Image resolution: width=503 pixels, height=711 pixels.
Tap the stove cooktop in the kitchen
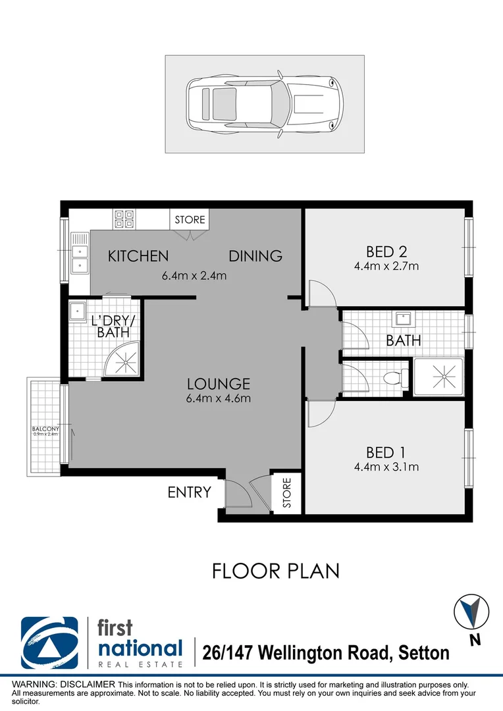pos(124,219)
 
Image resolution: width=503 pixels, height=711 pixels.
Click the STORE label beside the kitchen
pos(190,219)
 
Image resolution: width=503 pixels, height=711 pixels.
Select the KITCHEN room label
pos(138,255)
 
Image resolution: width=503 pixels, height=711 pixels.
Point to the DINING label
pos(255,255)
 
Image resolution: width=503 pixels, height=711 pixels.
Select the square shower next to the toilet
pos(438,377)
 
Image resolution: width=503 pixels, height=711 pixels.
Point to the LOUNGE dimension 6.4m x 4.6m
pos(219,398)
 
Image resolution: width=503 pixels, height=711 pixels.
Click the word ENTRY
pos(190,492)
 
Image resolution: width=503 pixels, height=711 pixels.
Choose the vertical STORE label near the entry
pos(287,494)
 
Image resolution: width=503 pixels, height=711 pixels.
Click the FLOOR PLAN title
pos(276,570)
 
